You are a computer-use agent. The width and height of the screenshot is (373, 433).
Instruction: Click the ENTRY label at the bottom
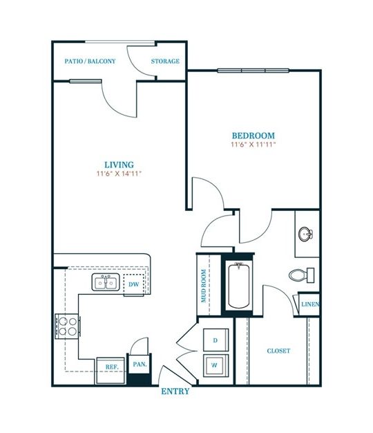[175, 391]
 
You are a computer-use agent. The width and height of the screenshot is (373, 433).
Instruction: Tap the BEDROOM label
[253, 136]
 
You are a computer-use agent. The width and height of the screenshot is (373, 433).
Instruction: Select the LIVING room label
[119, 165]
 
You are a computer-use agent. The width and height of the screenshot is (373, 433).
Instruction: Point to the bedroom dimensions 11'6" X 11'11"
[253, 145]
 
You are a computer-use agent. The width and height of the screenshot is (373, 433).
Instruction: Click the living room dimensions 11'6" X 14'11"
[119, 174]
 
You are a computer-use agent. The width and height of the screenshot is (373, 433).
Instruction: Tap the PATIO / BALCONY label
[90, 62]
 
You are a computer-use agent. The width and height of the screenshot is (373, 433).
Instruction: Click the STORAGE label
[166, 62]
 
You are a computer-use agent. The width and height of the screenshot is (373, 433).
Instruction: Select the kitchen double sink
[106, 282]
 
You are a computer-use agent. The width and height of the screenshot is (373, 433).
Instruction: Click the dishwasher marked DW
[133, 284]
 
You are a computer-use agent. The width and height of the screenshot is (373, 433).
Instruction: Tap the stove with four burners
[66, 326]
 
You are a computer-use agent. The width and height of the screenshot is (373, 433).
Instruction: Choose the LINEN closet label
[309, 304]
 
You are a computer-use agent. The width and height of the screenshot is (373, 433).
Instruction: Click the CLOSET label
[278, 351]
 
